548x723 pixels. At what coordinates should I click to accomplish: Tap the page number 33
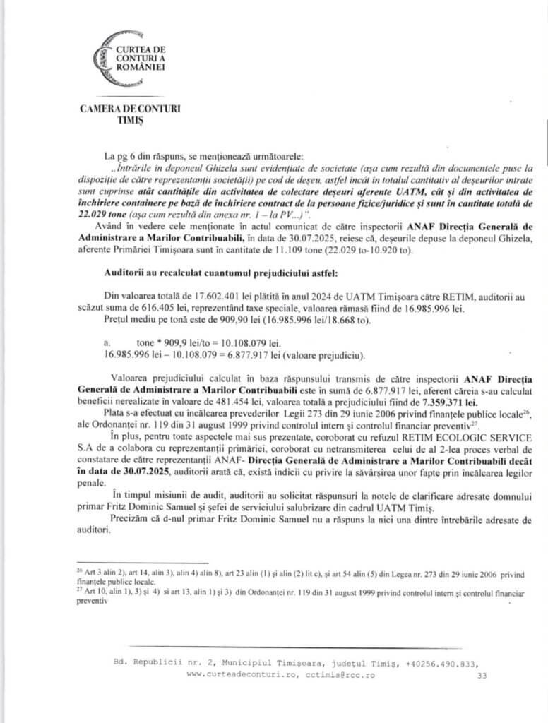pyautogui.click(x=483, y=676)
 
